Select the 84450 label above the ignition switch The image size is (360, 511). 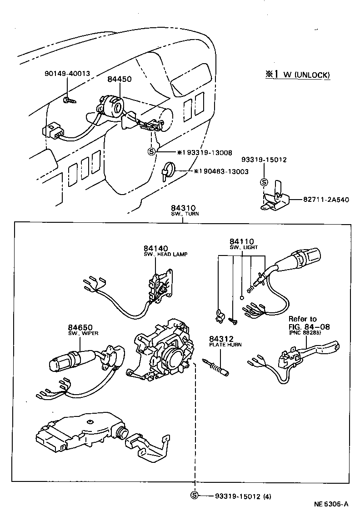coord(119,79)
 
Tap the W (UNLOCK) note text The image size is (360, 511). coord(307,75)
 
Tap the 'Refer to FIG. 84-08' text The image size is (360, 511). coord(309,326)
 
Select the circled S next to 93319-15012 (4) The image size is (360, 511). coord(195,496)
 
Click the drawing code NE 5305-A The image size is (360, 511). coord(331,504)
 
